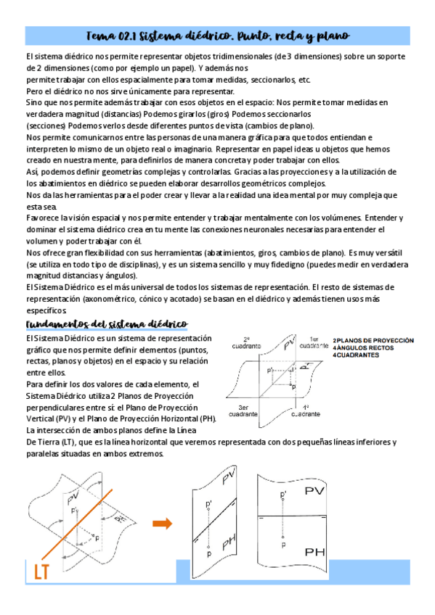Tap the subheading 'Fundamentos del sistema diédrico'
107,323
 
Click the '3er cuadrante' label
243,411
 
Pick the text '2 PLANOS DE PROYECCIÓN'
373,340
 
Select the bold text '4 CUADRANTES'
356,355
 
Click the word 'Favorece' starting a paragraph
42,217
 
